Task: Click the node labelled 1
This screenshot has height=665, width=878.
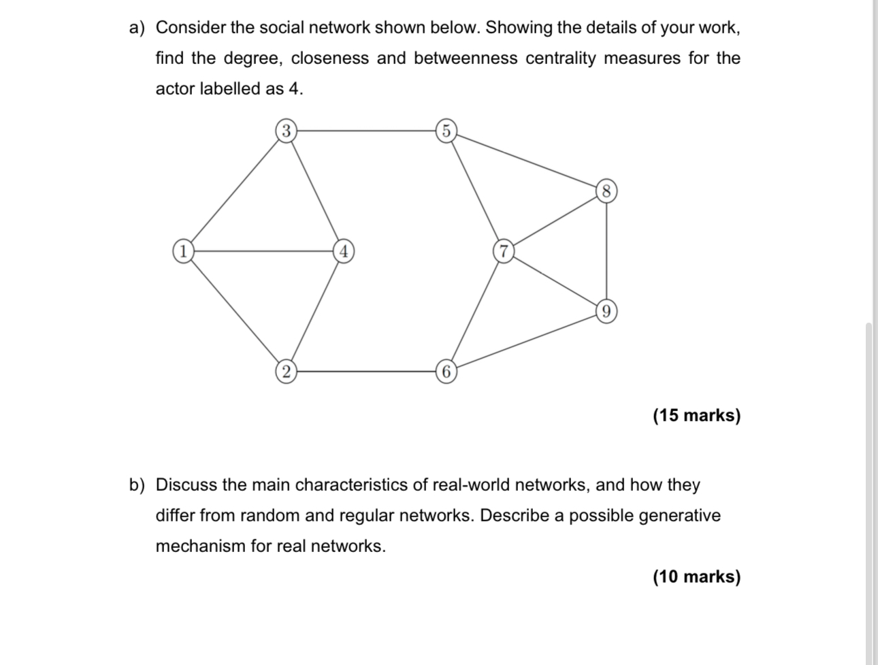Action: coord(182,250)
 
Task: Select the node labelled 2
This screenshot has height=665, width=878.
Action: coord(286,371)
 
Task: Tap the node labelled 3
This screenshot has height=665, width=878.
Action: coord(286,130)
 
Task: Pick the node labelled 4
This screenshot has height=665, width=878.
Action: coord(344,250)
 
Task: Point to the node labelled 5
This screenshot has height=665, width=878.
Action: coord(445,130)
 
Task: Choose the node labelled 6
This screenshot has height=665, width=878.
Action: coord(445,372)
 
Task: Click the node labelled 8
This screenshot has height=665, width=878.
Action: coord(606,191)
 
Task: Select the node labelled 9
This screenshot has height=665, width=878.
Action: coord(606,312)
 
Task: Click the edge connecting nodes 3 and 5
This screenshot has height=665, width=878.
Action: coord(365,130)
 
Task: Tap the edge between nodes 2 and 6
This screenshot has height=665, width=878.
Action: coord(365,371)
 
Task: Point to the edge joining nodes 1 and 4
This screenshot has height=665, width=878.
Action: coord(263,250)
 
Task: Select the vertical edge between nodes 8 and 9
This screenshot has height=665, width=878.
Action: coord(606,251)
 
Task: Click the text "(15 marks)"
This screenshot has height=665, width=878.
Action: coord(696,415)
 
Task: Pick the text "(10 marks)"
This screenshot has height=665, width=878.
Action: coord(696,577)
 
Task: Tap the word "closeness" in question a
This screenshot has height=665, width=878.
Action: coord(329,58)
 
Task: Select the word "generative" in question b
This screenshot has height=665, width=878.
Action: coord(679,515)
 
